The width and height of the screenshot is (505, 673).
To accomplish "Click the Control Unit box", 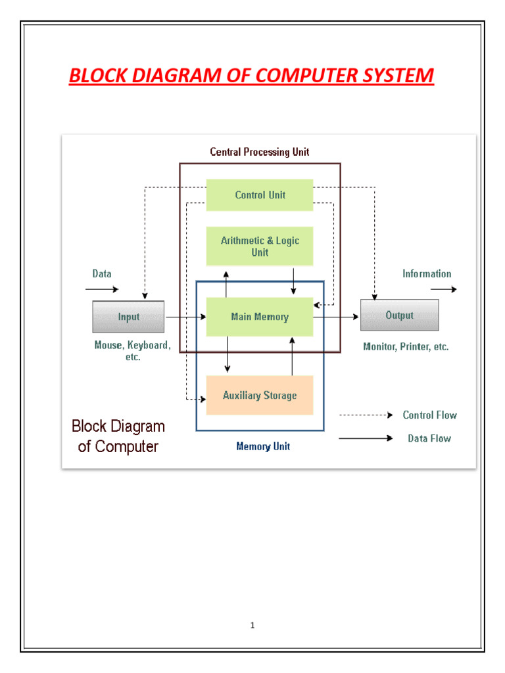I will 260,195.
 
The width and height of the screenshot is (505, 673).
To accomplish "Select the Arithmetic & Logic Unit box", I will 260,246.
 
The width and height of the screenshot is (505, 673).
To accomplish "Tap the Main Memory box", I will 260,317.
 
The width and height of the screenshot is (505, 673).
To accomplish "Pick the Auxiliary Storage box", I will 260,396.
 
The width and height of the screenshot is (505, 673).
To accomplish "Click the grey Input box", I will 128,317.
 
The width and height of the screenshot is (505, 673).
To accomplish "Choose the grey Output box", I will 399,315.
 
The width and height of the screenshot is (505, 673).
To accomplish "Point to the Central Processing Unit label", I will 260,152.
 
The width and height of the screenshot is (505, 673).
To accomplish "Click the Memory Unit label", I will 263,447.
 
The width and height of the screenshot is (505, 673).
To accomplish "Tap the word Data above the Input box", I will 102,274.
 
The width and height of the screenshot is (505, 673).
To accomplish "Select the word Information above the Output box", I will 427,274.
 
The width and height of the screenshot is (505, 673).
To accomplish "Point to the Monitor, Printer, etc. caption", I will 406,346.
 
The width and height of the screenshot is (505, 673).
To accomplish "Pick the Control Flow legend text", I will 429,415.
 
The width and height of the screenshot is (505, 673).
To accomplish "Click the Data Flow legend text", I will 429,438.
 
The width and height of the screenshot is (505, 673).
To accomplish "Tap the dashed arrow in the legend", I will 365,415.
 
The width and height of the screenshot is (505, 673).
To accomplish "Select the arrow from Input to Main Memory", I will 185,317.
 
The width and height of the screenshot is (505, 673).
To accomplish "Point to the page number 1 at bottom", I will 252,625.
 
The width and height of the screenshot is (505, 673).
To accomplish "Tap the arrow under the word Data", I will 102,289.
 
